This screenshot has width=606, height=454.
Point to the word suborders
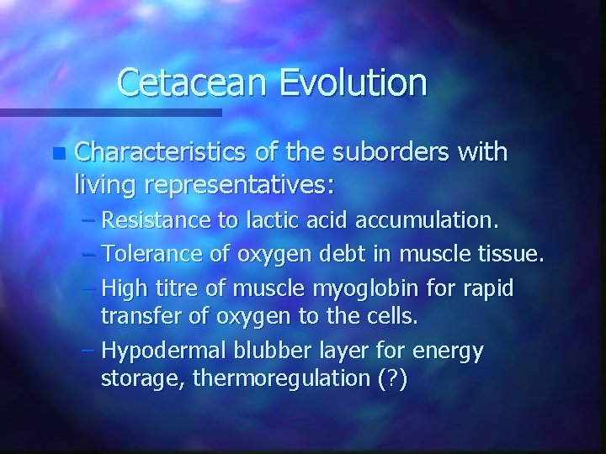click(383, 152)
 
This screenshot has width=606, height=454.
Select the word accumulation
click(428, 221)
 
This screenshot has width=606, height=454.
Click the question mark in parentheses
click(392, 378)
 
